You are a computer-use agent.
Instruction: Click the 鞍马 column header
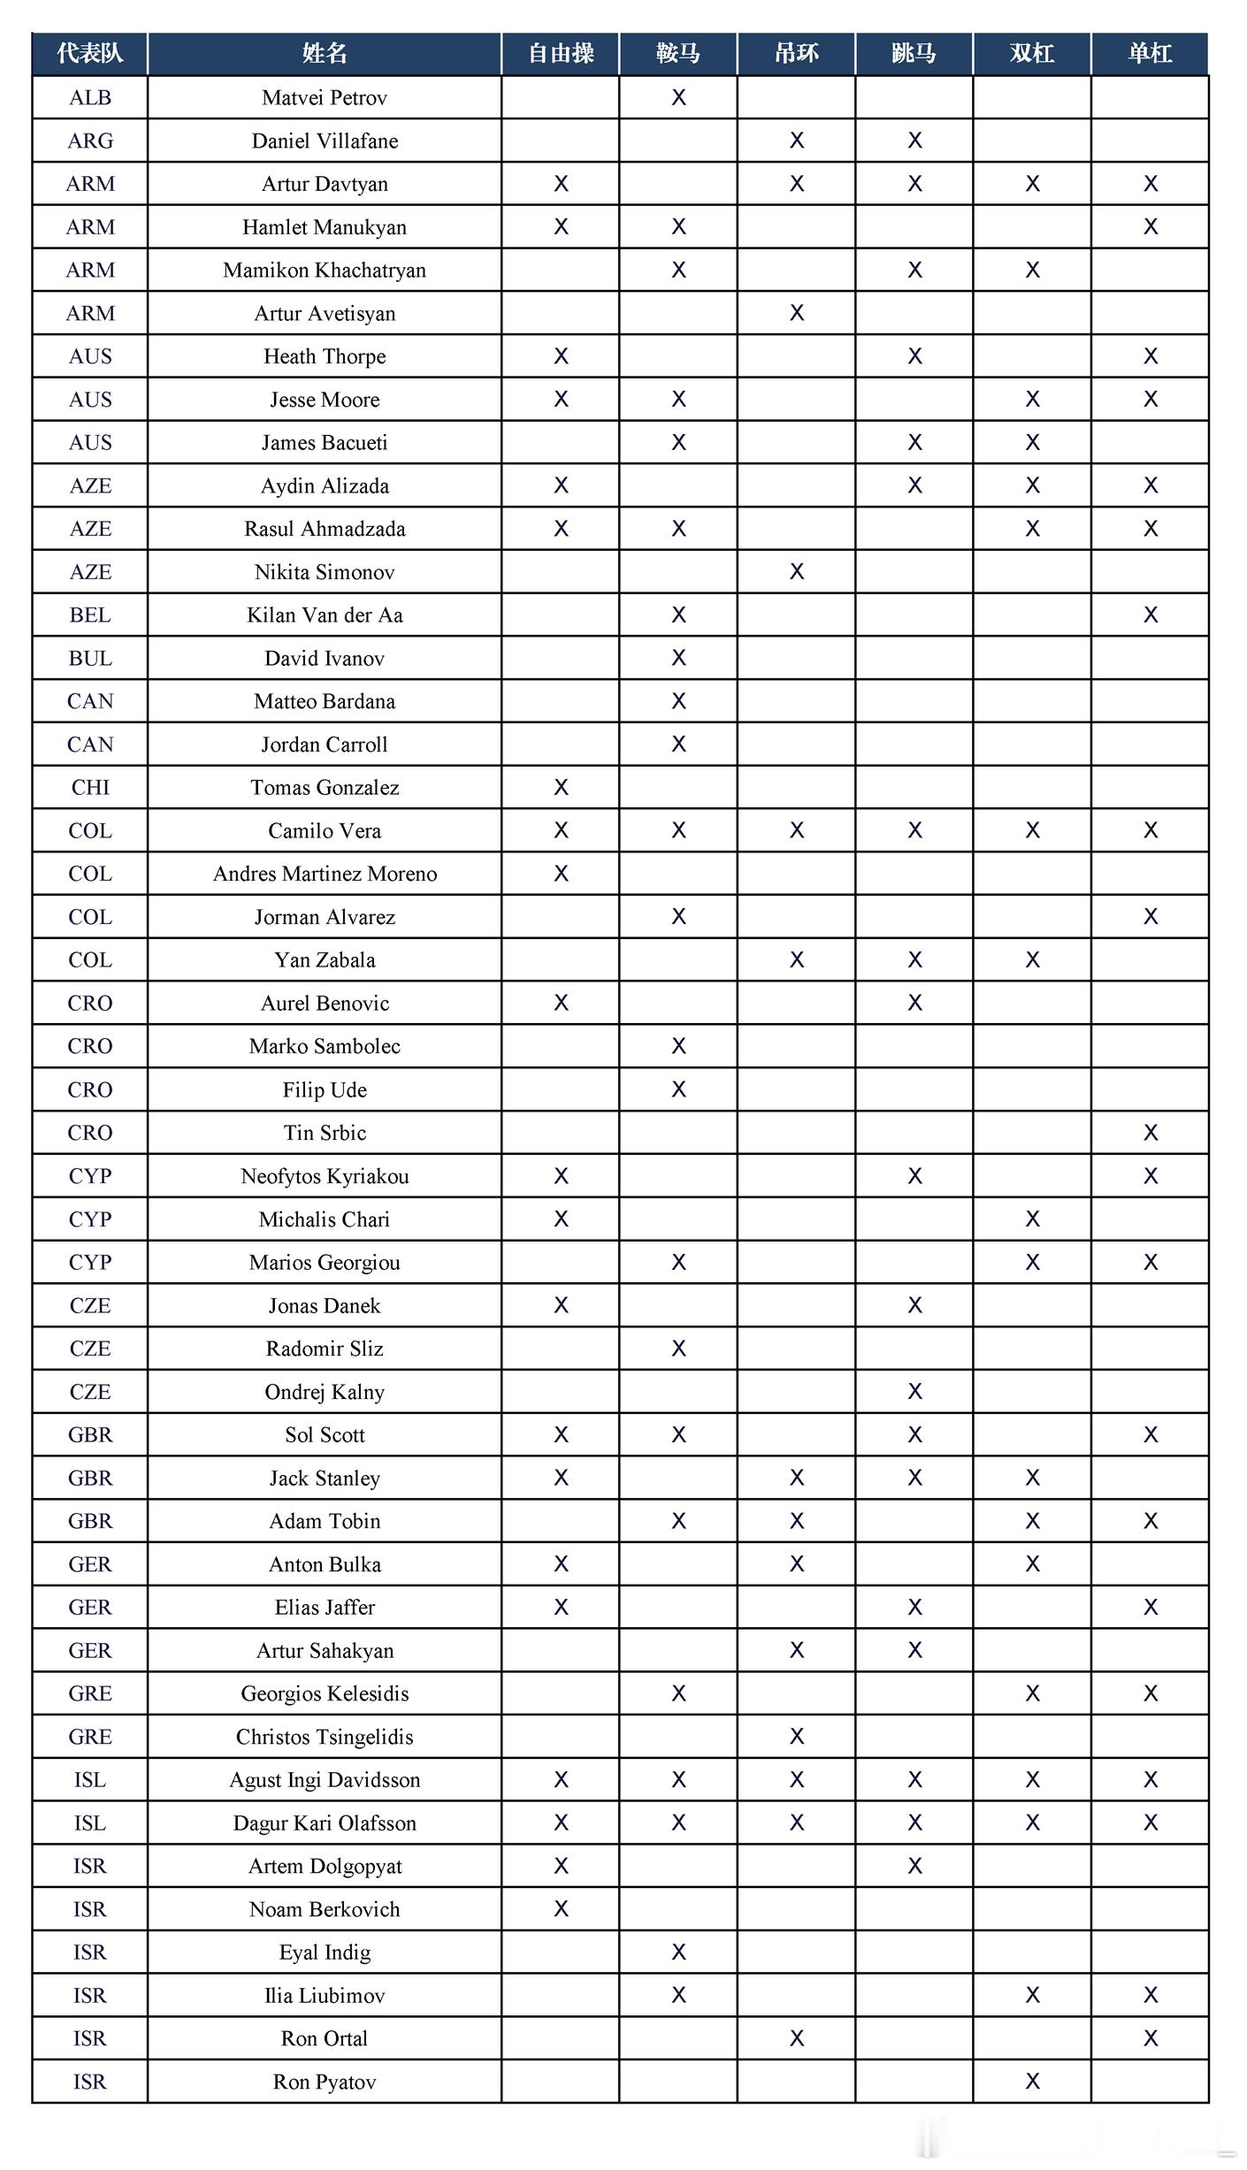[678, 54]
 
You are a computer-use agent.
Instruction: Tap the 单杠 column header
[1150, 54]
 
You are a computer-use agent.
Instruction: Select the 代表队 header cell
[90, 54]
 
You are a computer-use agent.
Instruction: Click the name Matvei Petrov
[325, 98]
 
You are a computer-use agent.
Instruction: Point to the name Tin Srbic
[325, 1133]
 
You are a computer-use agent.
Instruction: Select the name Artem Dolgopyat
[325, 1866]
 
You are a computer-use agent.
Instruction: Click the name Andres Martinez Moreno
[325, 874]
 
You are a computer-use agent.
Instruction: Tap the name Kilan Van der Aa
[325, 615]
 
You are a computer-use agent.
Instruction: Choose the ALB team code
[90, 98]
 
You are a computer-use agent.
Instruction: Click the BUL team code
[90, 659]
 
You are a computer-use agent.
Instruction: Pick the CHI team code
[90, 788]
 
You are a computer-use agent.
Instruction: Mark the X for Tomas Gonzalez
[561, 788]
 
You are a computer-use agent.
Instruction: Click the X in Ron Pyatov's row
[1032, 2082]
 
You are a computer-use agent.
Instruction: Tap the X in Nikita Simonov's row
[797, 572]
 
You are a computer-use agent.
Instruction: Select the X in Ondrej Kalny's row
[914, 1392]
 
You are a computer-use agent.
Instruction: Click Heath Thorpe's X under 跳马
[914, 356]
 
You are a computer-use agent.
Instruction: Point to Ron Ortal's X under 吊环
[797, 2038]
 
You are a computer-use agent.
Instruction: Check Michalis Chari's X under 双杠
[1032, 1219]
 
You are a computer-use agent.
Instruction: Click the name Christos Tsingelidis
[325, 1737]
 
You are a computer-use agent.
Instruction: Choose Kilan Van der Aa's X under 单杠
[1150, 615]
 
